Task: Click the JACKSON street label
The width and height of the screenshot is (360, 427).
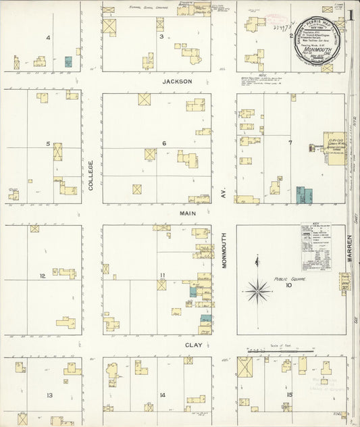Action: (178, 81)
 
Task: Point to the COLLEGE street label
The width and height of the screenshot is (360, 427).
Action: (90, 176)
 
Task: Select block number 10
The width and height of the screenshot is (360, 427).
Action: (288, 286)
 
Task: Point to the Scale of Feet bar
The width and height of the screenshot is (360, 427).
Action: (280, 351)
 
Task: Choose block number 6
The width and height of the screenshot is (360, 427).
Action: (164, 144)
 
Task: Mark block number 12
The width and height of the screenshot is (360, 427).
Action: (42, 276)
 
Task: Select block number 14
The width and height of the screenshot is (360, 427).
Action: (162, 395)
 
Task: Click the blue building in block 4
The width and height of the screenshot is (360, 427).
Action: (68, 61)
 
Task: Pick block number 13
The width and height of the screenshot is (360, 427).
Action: (49, 395)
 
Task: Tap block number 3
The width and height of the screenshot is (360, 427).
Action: (161, 37)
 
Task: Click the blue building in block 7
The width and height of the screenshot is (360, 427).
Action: (305, 195)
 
